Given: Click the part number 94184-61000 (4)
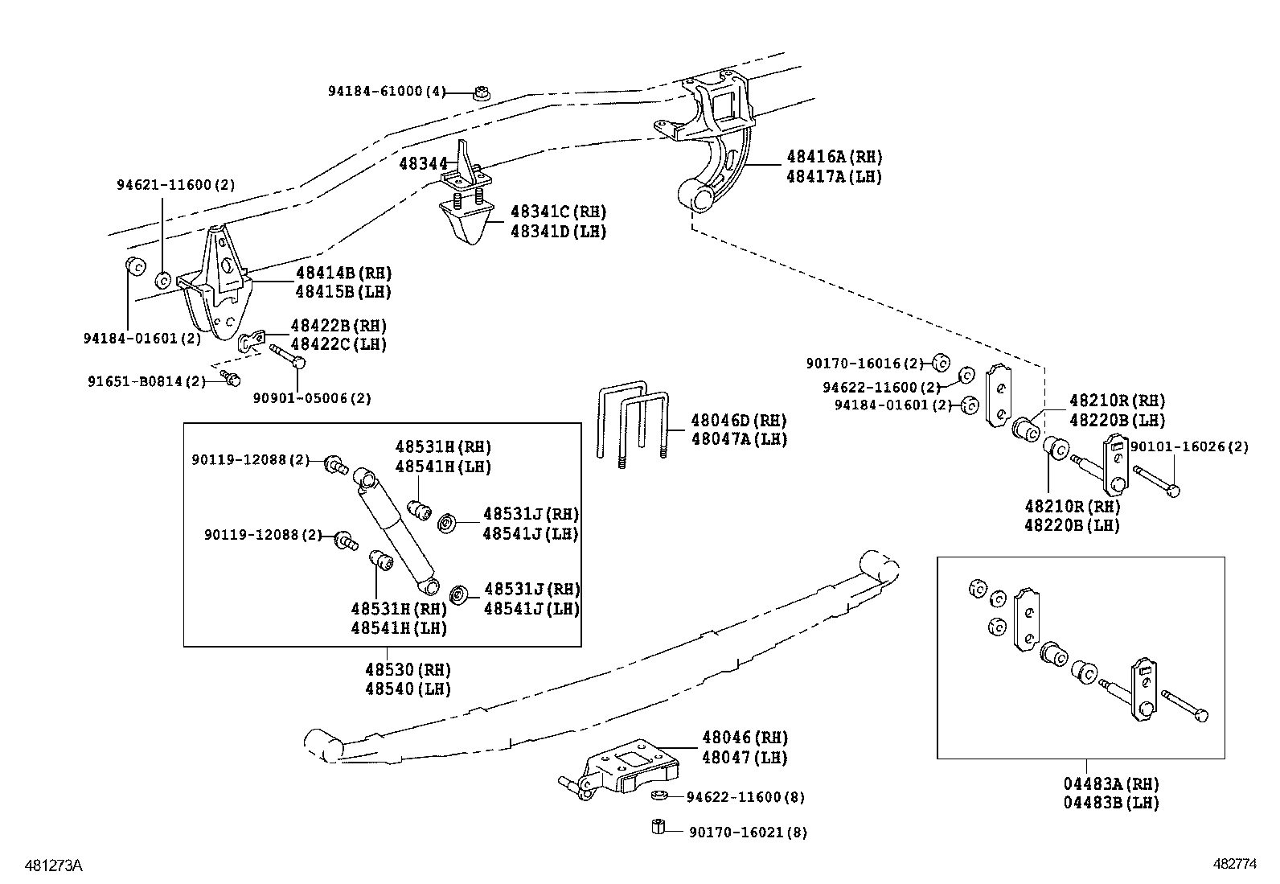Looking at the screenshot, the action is [386, 92].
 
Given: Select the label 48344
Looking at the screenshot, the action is [424, 164].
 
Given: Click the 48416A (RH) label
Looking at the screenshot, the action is [835, 157].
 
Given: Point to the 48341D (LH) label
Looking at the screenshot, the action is [558, 232].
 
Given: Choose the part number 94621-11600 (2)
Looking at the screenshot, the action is [176, 185].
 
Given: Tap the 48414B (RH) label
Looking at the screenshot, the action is [344, 273].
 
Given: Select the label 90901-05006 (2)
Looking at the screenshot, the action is [312, 398].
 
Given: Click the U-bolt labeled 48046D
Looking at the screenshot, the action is [633, 423].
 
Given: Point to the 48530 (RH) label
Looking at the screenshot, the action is [408, 669].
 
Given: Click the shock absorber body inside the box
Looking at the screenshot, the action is [396, 531].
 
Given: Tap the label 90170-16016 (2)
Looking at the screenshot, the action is [865, 364].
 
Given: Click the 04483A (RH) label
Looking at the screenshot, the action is [1111, 784].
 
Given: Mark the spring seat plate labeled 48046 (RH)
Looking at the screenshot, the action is [620, 768].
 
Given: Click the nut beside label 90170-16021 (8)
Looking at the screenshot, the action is [658, 827].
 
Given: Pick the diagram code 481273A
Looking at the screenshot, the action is [54, 865].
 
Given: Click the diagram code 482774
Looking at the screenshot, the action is [1234, 863].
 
